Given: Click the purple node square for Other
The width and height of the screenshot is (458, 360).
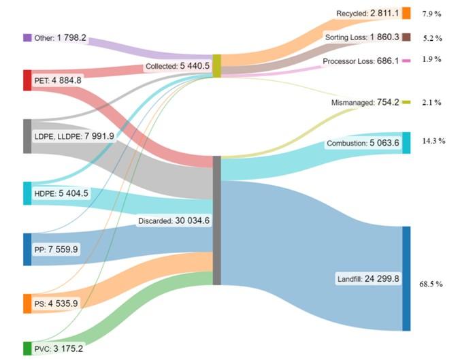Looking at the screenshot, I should click(27, 38).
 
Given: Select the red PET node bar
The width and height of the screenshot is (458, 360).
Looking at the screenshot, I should click(27, 80).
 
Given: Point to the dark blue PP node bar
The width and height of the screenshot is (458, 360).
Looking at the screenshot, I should click(27, 249).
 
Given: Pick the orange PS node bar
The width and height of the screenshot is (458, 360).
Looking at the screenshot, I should click(27, 304).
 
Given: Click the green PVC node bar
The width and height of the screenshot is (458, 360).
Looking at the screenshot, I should click(27, 348).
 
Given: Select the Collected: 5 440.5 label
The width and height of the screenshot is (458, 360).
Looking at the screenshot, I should click(178, 67).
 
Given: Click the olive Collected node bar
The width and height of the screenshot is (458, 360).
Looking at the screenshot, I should click(216, 66).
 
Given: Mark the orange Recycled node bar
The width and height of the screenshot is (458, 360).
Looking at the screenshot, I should click(406, 13).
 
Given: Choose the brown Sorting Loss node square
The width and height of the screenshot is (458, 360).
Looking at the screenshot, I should click(406, 37).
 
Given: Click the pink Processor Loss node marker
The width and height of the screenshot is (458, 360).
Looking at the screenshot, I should click(406, 61).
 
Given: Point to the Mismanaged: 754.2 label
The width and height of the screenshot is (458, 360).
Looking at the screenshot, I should click(365, 102).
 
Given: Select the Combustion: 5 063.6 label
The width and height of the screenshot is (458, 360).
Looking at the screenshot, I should click(362, 144).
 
